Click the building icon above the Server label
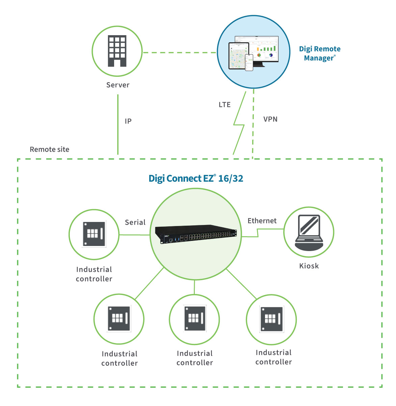[117, 51]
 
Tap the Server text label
[118, 85]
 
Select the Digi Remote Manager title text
[319, 53]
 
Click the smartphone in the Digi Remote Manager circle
[249, 62]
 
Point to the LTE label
[225, 105]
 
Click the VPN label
[270, 119]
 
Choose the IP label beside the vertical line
[128, 121]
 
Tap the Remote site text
[49, 149]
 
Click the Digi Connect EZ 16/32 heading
[196, 178]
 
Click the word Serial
[135, 222]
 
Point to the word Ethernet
[262, 221]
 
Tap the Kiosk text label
[309, 266]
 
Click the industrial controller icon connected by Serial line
[94, 234]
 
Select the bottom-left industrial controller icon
[119, 319]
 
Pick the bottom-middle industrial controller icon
[194, 318]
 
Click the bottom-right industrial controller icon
[271, 319]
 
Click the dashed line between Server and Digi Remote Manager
[179, 52]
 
